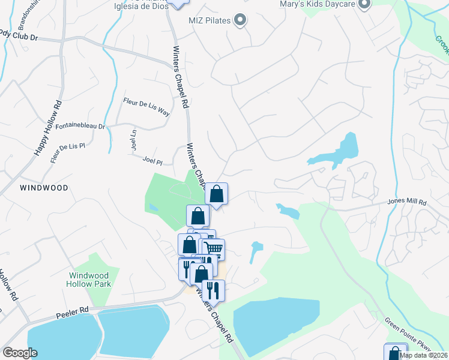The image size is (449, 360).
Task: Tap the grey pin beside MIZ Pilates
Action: point(240,21)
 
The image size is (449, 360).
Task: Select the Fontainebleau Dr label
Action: point(80,127)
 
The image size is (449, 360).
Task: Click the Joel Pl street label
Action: point(152,161)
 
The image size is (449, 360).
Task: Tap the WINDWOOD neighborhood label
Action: point(44,188)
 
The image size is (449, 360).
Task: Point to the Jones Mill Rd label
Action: point(406,202)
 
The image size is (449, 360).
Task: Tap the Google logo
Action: point(20,353)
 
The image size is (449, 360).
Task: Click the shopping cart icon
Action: point(214,248)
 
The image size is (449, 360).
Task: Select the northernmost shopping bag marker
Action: point(217,194)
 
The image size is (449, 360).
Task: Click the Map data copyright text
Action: point(423,355)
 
